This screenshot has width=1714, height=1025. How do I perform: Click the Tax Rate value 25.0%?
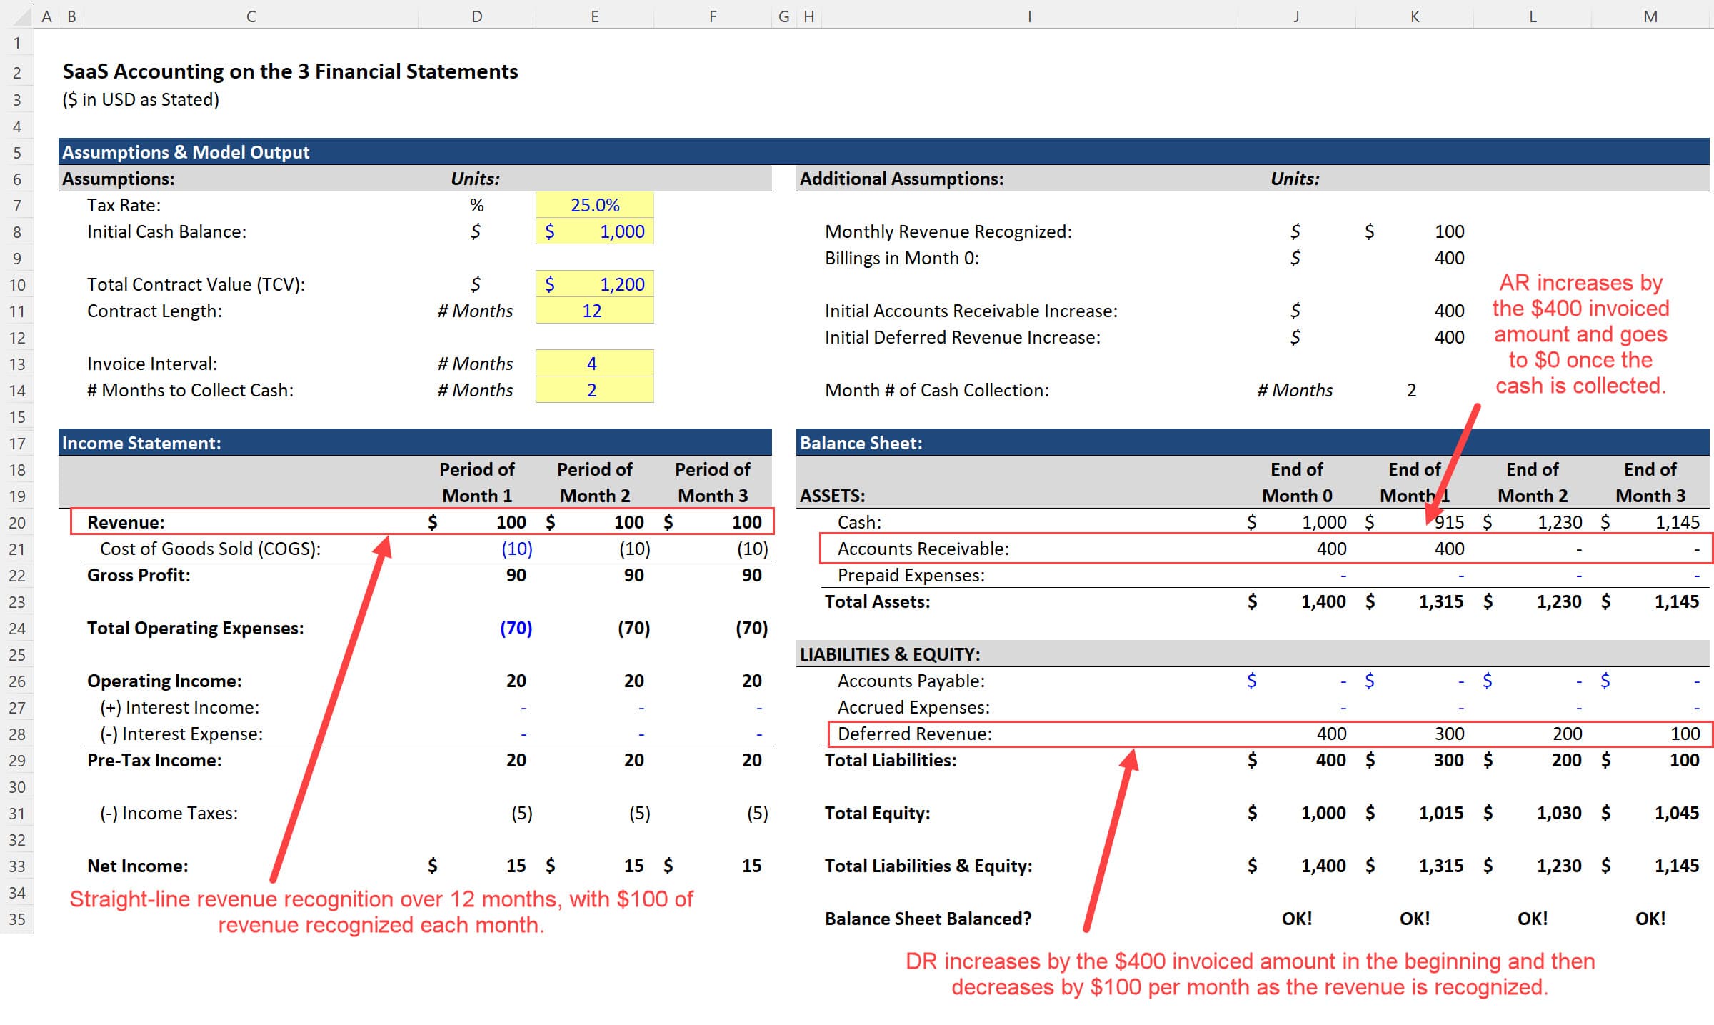point(594,205)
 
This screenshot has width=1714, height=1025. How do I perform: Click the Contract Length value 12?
point(592,311)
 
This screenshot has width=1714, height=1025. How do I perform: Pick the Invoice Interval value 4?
point(592,364)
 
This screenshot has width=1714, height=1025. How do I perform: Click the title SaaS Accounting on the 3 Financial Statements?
point(290,71)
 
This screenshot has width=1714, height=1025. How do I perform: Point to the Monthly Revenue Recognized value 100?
point(1449,231)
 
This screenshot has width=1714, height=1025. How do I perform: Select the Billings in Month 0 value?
point(1449,258)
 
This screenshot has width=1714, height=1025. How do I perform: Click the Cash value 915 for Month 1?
point(1449,522)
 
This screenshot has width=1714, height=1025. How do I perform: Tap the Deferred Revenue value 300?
point(1449,734)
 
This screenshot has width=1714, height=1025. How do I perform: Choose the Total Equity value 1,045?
point(1676,813)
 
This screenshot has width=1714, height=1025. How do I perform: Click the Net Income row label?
point(138,866)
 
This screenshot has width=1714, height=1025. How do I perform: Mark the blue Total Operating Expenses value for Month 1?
point(516,628)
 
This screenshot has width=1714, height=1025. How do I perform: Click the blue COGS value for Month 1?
point(516,549)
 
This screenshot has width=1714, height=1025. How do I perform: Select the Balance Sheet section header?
point(861,443)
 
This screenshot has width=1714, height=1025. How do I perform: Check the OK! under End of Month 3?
point(1650,919)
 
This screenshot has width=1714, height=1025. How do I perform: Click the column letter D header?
point(476,16)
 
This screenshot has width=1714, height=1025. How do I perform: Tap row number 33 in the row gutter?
point(17,866)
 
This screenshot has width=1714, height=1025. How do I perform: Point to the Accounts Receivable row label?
point(923,549)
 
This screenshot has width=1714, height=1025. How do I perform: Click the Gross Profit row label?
point(139,575)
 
